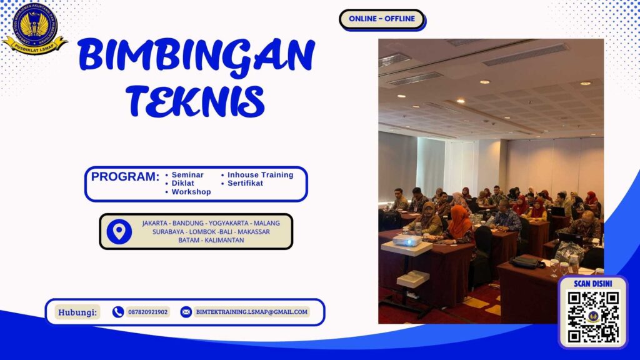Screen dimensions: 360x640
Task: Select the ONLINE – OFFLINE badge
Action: coord(381,19)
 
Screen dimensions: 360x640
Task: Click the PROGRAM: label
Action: coord(125,177)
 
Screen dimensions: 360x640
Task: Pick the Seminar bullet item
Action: coord(188,175)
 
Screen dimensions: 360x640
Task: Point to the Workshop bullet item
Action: coord(191,192)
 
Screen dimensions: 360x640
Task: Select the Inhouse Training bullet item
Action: coord(260,175)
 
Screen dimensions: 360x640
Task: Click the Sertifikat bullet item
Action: coord(245,184)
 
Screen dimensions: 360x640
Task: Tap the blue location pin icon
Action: coord(119,231)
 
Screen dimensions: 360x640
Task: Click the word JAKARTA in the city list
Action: coord(159,223)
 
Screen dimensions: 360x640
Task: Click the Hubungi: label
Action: coord(77,312)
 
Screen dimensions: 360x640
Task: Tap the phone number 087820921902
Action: coord(147,312)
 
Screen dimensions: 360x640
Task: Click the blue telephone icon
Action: coord(118,312)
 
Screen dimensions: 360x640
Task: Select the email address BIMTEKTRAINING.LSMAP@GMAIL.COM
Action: coord(251,312)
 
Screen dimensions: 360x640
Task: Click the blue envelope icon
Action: coord(186,312)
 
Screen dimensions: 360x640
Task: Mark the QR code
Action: coord(592,317)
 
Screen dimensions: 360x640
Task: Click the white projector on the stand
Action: coord(407,241)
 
